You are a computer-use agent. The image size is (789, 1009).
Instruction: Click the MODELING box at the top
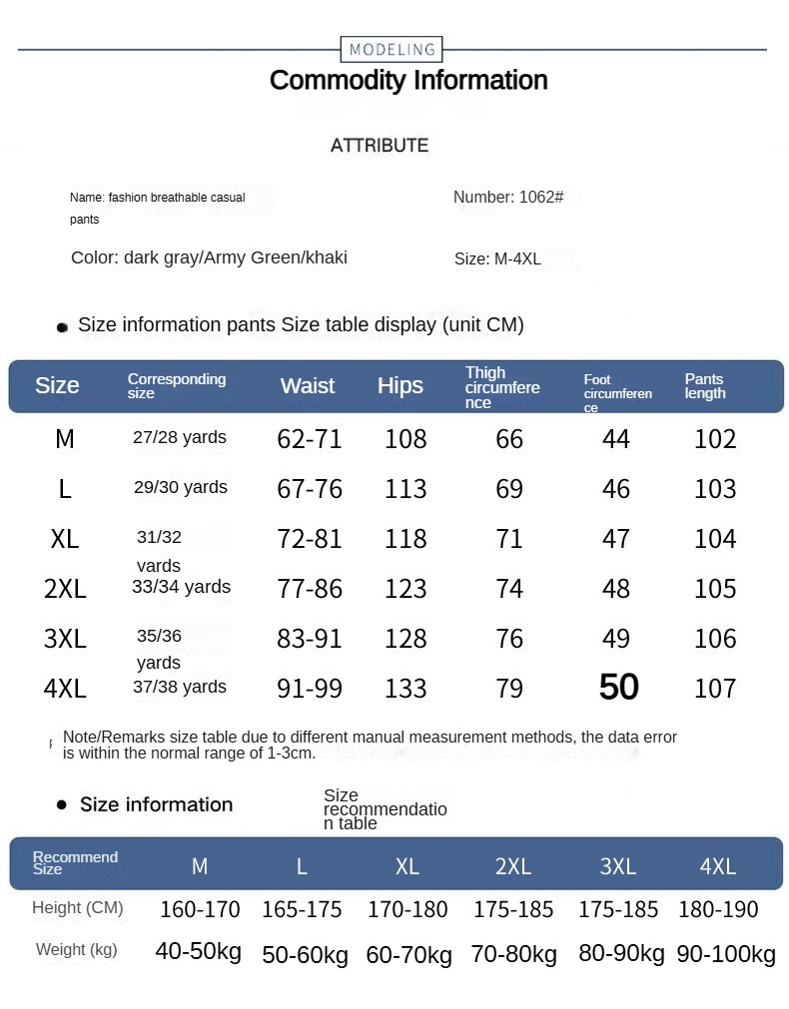[392, 49]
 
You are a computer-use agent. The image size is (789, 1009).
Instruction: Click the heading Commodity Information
[408, 80]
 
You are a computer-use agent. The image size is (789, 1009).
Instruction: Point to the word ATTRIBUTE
[380, 146]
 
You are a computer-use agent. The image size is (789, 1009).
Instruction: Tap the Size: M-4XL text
[497, 258]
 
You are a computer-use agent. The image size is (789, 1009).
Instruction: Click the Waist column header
[308, 386]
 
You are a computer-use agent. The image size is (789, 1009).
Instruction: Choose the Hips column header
[400, 386]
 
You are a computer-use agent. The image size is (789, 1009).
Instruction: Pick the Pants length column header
[705, 386]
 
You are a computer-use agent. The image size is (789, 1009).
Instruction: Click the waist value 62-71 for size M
[310, 439]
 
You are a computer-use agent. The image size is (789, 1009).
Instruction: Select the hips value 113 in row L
[405, 489]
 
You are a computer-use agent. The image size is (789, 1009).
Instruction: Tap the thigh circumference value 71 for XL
[509, 539]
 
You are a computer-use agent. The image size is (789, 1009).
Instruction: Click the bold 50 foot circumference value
[618, 687]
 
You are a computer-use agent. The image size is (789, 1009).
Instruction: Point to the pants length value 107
[715, 689]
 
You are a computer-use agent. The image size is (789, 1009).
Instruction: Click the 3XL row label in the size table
[65, 639]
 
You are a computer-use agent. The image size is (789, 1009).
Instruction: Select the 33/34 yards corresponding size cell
[181, 587]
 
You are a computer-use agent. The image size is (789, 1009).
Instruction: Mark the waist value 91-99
[310, 689]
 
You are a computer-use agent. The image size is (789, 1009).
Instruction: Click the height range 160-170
[200, 910]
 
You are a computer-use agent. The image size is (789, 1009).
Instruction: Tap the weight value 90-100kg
[726, 954]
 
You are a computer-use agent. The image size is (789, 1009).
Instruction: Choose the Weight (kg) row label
[77, 950]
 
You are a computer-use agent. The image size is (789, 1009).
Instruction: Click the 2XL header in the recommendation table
[513, 866]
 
